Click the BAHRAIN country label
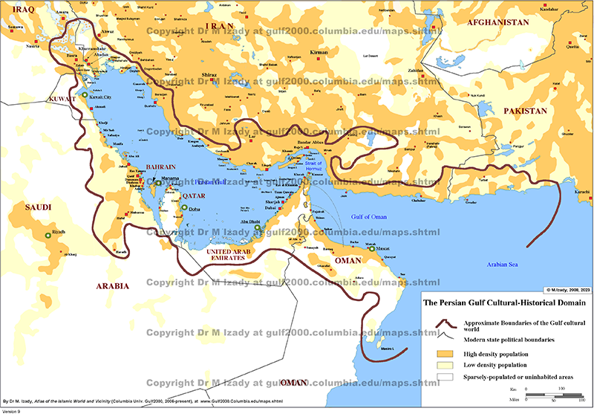(x=160, y=169)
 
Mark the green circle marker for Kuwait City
(x=87, y=97)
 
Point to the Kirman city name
(x=319, y=53)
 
